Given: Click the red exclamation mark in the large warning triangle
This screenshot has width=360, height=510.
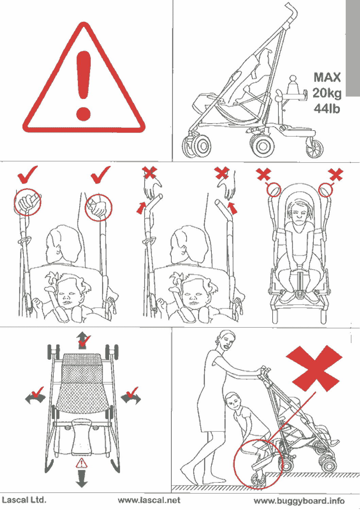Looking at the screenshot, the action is pos(83,85).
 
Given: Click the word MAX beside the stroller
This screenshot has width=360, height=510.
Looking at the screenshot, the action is pos(327,78).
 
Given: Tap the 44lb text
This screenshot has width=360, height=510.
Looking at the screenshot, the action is pos(327,108).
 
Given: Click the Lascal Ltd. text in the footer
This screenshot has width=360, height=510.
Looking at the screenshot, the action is pos(24,500).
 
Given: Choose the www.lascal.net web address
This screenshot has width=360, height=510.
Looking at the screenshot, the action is pos(149,500).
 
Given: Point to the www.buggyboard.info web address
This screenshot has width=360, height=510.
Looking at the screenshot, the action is pos(299,501).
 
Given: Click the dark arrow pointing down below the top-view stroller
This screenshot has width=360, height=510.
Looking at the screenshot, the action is pos(82,478).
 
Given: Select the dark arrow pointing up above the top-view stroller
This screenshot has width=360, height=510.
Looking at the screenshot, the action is pos(82,341).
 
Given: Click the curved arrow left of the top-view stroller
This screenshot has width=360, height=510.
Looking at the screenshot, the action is pos(35,398).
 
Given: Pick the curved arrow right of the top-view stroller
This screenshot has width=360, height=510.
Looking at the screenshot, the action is pos(131,398).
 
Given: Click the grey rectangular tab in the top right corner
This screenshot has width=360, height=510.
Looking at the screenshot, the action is pos(353,48).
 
